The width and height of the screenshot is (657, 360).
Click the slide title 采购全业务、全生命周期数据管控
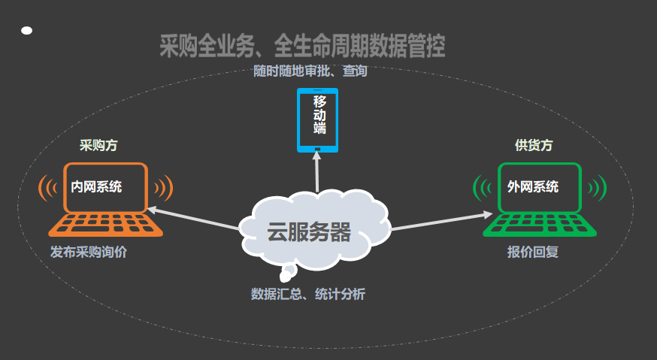coord(302,46)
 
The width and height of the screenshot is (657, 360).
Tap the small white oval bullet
coord(27,31)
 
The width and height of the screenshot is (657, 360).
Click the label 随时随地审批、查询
coord(310,71)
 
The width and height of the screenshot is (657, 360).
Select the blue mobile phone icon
coord(318,120)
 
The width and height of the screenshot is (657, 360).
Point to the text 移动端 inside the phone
coord(319,115)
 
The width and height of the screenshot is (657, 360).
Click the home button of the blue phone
coord(318,149)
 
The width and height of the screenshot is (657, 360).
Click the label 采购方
coord(98,145)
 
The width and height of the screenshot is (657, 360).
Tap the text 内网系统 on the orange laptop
coord(96,186)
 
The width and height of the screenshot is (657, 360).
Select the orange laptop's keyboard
coord(105,224)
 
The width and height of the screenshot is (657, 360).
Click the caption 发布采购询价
coord(89,252)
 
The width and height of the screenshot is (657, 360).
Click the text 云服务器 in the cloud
coord(309,231)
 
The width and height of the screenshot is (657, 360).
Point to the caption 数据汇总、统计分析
coord(308,294)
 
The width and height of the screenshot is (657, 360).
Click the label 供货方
coord(534,145)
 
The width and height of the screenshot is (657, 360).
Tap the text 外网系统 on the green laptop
coord(533,186)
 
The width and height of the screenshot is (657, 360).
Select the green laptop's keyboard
coord(540,225)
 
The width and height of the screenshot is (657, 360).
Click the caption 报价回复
coord(533,252)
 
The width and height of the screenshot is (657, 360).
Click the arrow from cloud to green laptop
coord(441,222)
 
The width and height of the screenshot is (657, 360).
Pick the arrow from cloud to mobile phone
coord(316,172)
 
